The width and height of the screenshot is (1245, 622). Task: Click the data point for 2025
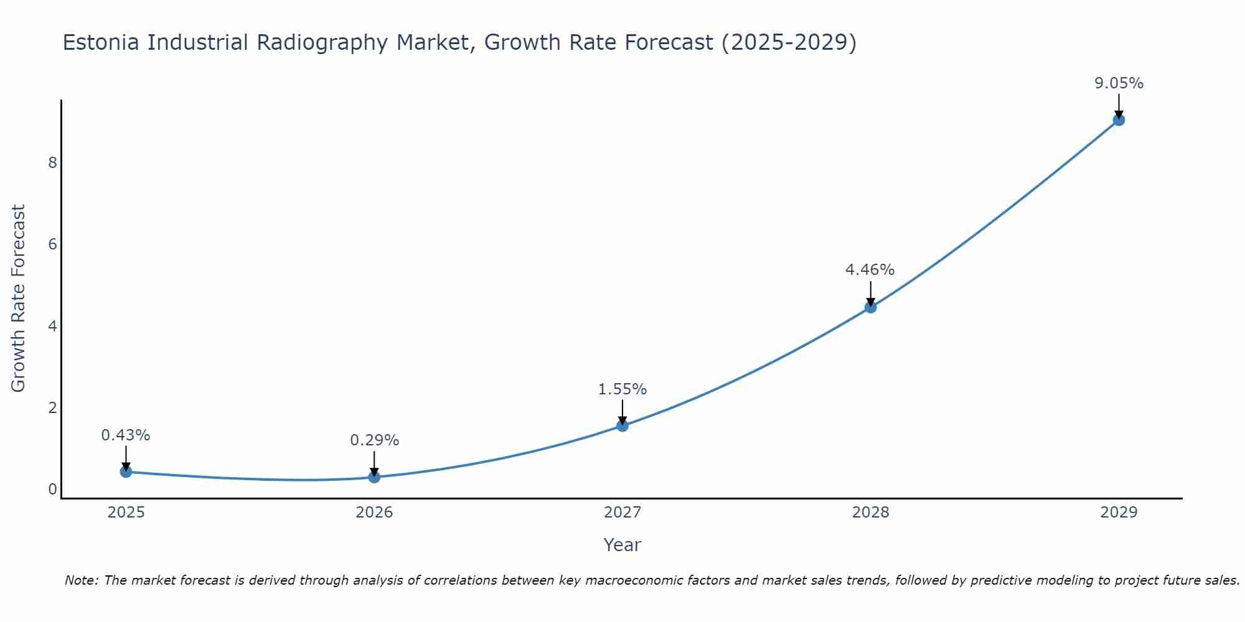tap(126, 471)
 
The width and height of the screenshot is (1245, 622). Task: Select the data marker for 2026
tap(374, 477)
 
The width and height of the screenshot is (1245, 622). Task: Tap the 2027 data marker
tap(622, 425)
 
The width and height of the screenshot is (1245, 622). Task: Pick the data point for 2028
tap(870, 307)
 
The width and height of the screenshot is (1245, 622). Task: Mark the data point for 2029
tap(1119, 119)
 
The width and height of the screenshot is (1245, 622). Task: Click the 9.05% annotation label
tap(1119, 83)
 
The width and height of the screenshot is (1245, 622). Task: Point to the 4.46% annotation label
tap(870, 270)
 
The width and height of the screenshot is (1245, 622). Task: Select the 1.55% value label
tap(622, 389)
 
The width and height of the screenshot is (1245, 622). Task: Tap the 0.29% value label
tap(374, 440)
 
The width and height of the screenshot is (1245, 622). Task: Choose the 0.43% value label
tap(126, 435)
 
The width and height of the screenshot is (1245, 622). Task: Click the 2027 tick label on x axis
tap(622, 513)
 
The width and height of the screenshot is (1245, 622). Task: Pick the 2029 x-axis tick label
tap(1119, 513)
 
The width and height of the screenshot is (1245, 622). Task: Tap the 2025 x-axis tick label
tap(126, 513)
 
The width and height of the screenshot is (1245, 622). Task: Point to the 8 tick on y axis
tap(52, 163)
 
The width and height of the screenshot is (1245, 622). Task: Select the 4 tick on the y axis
tap(52, 327)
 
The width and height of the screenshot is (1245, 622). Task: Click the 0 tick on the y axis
tap(52, 490)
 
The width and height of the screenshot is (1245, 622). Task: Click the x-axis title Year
tap(622, 545)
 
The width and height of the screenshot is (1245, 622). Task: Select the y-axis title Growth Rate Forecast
tap(19, 299)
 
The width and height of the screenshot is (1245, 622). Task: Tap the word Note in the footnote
tap(80, 580)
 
